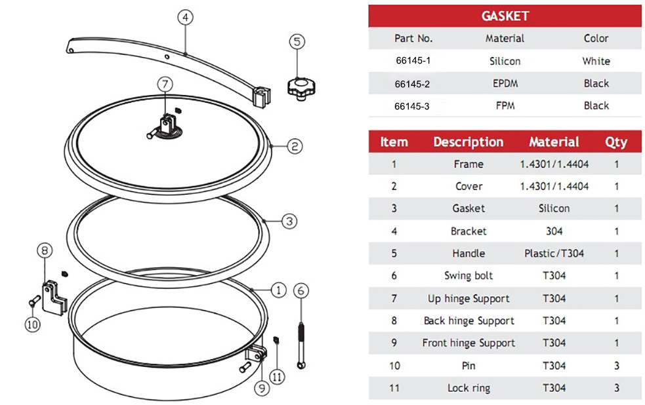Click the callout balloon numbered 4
(186, 18)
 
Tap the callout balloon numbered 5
(297, 42)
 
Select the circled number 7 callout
(165, 84)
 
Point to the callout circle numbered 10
(33, 323)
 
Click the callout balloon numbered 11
(278, 376)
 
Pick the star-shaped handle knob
(299, 87)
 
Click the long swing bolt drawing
(301, 342)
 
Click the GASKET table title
(505, 16)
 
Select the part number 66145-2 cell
(413, 83)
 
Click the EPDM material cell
(505, 83)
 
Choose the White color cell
(596, 61)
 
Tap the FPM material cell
(505, 106)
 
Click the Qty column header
(616, 142)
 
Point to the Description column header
(468, 142)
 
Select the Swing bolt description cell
(468, 276)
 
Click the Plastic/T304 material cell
(554, 253)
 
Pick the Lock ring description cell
(468, 388)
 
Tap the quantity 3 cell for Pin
(616, 366)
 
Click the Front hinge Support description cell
(468, 343)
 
